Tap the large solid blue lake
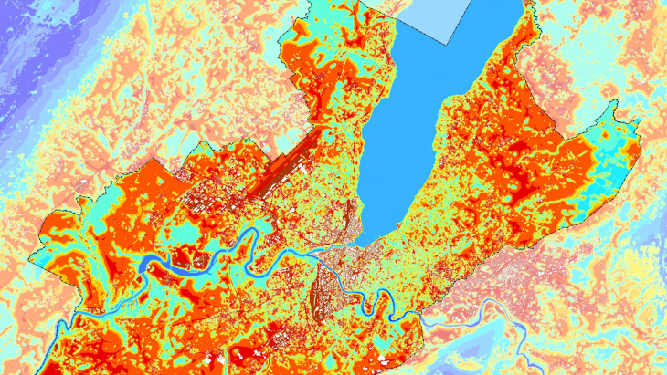429,100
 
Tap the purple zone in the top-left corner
37,36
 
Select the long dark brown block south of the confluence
320,297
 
